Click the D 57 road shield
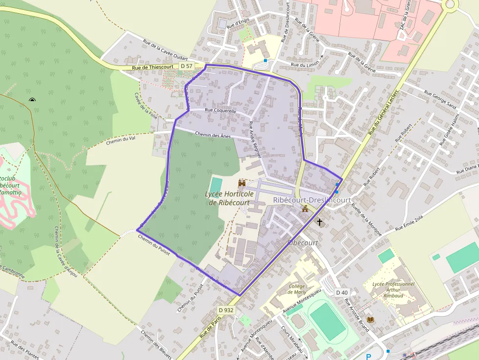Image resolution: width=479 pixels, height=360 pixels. click(x=186, y=66)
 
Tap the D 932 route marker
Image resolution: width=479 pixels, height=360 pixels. click(x=226, y=310)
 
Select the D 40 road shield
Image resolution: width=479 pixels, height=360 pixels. click(x=342, y=293)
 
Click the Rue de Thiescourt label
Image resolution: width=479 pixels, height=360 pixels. click(x=152, y=68)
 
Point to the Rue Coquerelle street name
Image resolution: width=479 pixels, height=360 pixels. click(x=220, y=111)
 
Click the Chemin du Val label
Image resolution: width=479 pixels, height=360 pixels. click(x=120, y=141)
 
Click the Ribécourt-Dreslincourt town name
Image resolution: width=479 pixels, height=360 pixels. click(x=312, y=200)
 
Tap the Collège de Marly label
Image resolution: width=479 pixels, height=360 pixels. click(x=297, y=289)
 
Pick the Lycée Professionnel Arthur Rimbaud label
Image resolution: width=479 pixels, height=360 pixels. click(x=393, y=289)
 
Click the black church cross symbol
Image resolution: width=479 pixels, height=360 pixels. click(x=320, y=222)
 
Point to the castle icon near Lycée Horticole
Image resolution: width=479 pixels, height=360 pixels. click(x=241, y=183)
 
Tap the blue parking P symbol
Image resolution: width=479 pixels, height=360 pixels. click(x=369, y=357)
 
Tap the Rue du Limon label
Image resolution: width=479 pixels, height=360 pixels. click(x=305, y=64)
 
